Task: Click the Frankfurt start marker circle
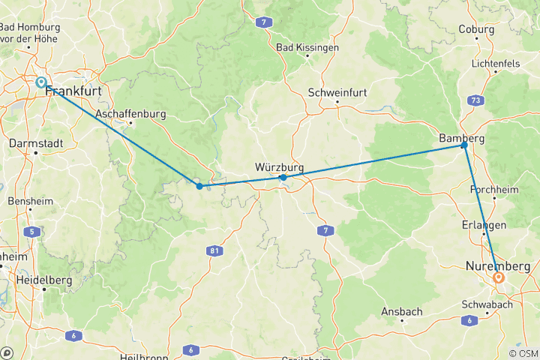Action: tap(41, 83)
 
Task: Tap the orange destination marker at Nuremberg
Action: tap(499, 277)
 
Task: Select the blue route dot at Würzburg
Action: tap(283, 178)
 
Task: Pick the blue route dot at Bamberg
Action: tap(464, 145)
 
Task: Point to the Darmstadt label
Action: tap(35, 142)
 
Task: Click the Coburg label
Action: tap(478, 30)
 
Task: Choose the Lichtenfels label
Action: tap(496, 64)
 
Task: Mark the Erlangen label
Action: tap(484, 225)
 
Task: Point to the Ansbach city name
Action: tap(402, 311)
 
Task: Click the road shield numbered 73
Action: tap(475, 99)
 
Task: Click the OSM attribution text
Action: tap(523, 353)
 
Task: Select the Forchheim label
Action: tap(494, 190)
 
